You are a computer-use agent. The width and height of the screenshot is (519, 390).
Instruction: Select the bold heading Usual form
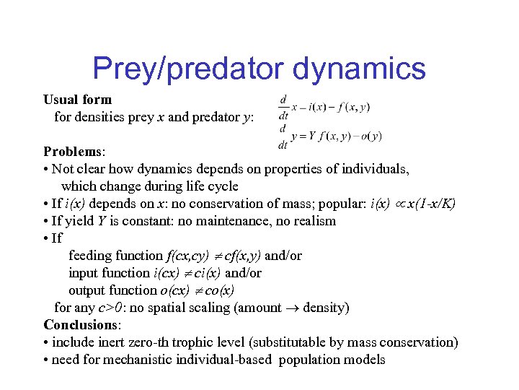(77, 99)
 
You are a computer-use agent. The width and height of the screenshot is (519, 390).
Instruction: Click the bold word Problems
(74, 152)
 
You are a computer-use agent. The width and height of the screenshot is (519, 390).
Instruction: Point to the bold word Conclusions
(82, 325)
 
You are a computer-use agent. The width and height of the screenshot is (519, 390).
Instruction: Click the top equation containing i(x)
(324, 107)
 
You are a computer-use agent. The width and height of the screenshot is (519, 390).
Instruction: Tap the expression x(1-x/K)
(431, 204)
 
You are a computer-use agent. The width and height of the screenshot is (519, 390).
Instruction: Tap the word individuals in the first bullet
(378, 169)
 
